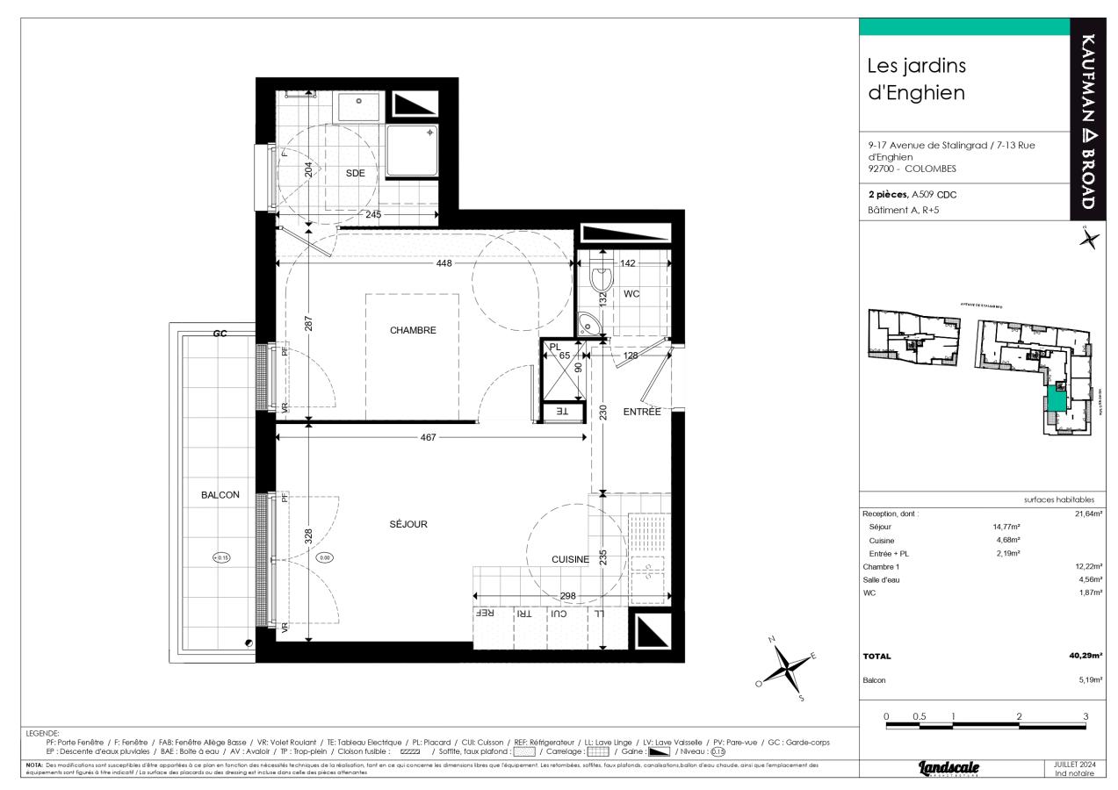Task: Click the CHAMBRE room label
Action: pos(413,330)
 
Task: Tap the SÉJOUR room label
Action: pos(408,524)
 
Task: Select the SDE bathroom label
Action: pos(355,173)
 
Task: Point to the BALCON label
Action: pos(220,495)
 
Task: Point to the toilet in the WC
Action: pos(601,279)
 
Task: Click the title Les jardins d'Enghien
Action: pos(917,79)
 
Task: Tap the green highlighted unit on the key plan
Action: pos(1055,402)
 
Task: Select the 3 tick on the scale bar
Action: pos(1086,717)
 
